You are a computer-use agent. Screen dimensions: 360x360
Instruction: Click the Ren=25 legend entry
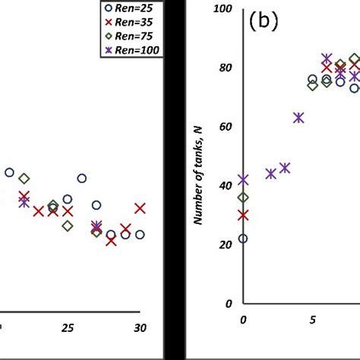[130, 8]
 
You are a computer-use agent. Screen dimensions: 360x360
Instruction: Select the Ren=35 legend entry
[130, 22]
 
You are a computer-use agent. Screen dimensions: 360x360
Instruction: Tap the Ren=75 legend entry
[130, 36]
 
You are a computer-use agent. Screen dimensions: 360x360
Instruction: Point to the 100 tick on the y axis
[224, 8]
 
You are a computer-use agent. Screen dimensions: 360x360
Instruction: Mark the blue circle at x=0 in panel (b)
[243, 238]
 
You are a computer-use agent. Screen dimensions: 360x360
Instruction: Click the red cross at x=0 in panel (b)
[243, 215]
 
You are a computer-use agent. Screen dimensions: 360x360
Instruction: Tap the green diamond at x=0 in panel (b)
[243, 197]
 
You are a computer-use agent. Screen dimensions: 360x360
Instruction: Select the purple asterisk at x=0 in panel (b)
[243, 180]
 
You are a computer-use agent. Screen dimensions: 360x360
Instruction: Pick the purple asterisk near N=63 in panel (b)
[298, 118]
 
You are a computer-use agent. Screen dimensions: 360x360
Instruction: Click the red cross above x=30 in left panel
[140, 208]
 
